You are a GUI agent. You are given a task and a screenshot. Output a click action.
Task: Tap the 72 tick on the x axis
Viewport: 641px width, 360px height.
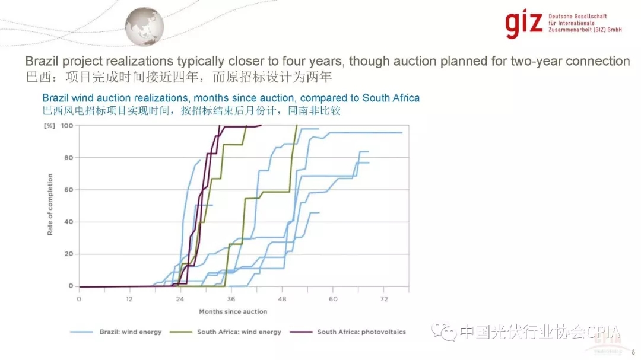(x=384, y=298)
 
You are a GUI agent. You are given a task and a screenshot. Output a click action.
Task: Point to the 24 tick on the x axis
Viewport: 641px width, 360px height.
(x=180, y=298)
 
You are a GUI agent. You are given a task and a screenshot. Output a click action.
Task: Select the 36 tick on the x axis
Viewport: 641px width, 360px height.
(x=231, y=298)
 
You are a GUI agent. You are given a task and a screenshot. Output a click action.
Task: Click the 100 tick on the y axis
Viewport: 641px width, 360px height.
(x=67, y=126)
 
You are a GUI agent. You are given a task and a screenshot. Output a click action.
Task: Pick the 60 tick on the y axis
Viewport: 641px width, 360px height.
(x=69, y=190)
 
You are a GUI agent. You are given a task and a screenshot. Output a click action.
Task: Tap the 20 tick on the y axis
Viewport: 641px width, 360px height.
(x=69, y=254)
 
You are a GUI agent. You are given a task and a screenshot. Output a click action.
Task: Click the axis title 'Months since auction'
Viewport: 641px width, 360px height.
(x=233, y=311)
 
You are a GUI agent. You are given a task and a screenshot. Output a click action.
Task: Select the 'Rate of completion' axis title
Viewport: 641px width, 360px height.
(x=50, y=205)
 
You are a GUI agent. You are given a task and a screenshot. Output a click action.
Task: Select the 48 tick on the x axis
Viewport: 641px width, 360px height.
(x=283, y=298)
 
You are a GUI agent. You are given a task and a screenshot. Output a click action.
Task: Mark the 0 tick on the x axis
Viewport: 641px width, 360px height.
(x=79, y=298)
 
